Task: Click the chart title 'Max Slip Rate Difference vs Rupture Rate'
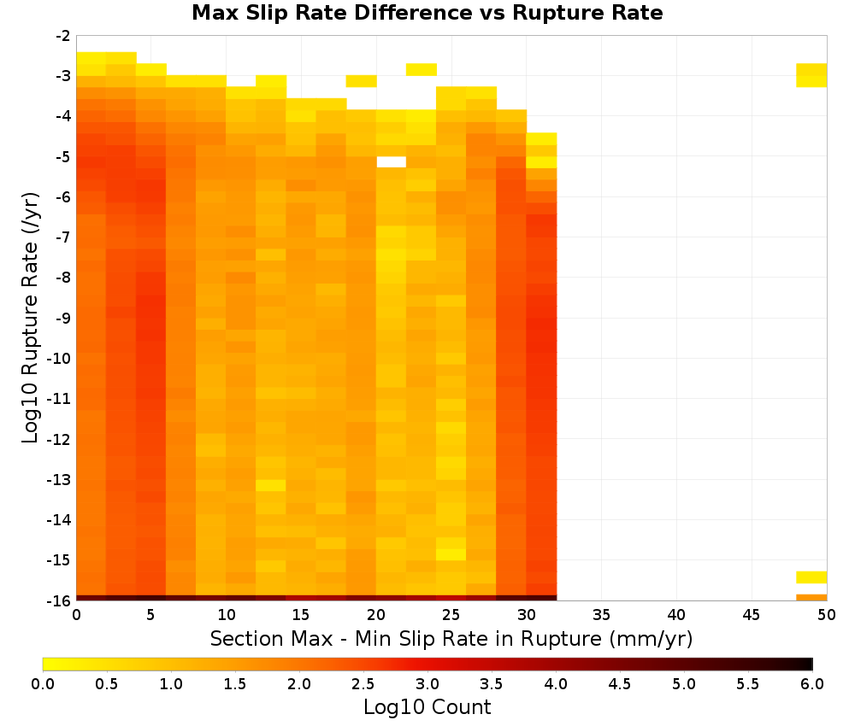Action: click(x=427, y=13)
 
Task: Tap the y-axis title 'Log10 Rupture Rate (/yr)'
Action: click(x=30, y=318)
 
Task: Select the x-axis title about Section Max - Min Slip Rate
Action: click(x=451, y=638)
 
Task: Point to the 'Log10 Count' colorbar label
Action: click(x=427, y=707)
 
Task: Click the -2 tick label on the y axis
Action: click(x=63, y=36)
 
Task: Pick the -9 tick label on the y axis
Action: click(x=63, y=318)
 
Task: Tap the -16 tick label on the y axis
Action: click(x=59, y=600)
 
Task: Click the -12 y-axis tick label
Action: click(x=59, y=439)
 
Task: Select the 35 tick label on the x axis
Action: click(x=601, y=615)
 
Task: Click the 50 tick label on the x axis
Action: click(x=826, y=615)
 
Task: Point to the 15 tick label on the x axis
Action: click(x=301, y=615)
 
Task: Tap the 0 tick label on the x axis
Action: click(x=76, y=615)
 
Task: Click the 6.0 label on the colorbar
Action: click(x=812, y=684)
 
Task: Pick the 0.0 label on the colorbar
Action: click(x=43, y=684)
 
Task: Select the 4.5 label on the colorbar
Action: click(x=619, y=684)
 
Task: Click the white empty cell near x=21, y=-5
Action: click(x=391, y=161)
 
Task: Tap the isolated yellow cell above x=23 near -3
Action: click(x=421, y=69)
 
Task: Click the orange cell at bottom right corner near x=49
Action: click(x=811, y=598)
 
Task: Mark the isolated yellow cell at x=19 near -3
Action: click(x=361, y=81)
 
